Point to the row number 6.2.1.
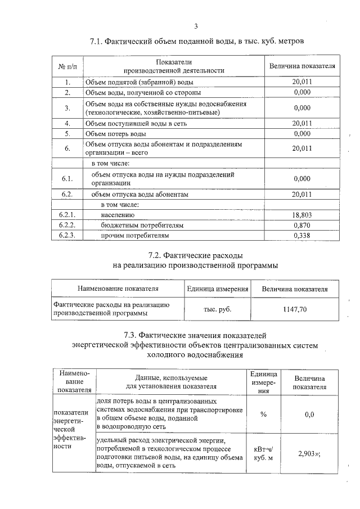67,215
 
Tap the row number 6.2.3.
67,235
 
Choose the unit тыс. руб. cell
217,309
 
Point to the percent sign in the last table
263,415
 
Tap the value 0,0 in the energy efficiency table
309,415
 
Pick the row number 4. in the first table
67,123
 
